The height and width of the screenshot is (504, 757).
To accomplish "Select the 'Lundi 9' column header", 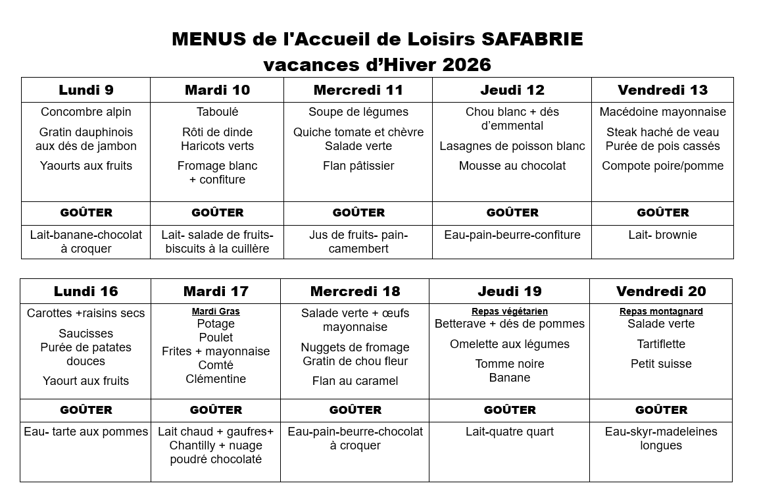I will tap(86, 90).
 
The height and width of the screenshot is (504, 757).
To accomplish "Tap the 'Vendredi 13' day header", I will tap(662, 90).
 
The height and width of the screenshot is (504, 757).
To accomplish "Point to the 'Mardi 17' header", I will tap(216, 291).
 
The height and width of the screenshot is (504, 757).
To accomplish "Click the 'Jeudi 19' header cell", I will tap(510, 291).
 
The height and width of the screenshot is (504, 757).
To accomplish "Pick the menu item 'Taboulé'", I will tap(218, 113).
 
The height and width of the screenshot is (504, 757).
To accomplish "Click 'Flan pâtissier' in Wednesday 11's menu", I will tap(358, 166).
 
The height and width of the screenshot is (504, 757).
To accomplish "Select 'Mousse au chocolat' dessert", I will tap(512, 166).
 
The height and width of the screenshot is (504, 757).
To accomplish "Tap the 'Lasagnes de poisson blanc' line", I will tap(512, 146).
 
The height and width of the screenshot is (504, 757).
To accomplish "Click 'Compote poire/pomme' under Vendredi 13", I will tap(663, 166).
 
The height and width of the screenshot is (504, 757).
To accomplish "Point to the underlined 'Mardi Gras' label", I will tap(216, 312).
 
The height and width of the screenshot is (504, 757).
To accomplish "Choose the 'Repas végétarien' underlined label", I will tap(510, 312).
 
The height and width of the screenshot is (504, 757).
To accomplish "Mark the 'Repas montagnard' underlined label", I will tap(661, 312).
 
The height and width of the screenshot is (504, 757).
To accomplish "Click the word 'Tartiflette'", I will tap(661, 344).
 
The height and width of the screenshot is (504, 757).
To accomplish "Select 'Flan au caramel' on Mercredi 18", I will tap(355, 381).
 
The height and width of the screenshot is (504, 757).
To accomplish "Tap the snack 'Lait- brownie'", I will tap(662, 235).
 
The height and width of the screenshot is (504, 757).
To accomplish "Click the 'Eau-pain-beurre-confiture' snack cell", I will tap(512, 235).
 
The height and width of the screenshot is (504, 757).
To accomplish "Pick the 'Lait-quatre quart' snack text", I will tap(510, 432).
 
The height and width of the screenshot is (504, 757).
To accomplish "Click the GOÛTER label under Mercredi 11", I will tap(358, 213).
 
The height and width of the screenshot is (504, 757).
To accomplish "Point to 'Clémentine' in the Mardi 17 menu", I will tap(216, 379).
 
